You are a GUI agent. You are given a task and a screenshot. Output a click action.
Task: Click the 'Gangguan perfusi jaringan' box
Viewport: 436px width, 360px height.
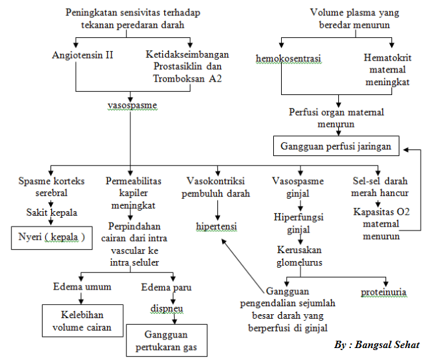[x=336, y=146]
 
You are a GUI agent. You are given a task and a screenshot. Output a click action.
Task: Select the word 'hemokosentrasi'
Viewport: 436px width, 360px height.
[x=288, y=58]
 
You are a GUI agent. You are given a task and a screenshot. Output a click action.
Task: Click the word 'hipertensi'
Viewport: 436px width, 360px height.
[x=217, y=227]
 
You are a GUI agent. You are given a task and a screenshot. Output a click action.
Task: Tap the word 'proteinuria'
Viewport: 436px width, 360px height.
[x=383, y=292]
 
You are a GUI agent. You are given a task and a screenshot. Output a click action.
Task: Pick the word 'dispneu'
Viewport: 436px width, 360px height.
[x=165, y=309]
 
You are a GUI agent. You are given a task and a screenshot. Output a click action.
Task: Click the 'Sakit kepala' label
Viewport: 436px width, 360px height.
[x=51, y=213]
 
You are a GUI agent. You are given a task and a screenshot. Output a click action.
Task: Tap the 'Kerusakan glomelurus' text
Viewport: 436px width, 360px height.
[x=299, y=256]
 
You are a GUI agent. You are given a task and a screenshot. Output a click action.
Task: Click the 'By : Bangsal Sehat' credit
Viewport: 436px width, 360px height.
[x=377, y=345]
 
